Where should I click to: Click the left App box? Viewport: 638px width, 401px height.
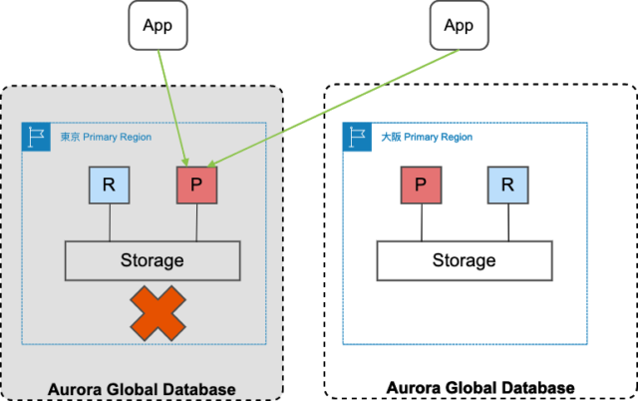pos(159,25)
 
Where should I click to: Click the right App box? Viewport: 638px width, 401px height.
pos(459,25)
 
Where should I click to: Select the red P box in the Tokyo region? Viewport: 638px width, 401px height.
pos(196,185)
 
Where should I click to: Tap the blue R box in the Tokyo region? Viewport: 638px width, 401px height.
pos(109,185)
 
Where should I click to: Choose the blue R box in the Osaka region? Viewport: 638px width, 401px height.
pos(507,185)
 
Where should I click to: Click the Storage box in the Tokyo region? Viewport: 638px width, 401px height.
pos(153,260)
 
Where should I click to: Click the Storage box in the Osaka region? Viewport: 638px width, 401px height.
pos(464,260)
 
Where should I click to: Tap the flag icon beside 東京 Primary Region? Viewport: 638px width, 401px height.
pos(35,137)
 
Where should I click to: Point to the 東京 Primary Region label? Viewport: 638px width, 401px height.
pos(104,136)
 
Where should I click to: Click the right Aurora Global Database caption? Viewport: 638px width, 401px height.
pos(480,387)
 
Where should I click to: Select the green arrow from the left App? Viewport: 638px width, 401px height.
pos(173,104)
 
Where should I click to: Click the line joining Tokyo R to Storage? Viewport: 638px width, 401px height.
pos(109,222)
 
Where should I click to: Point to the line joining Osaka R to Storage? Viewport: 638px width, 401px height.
pos(507,222)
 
